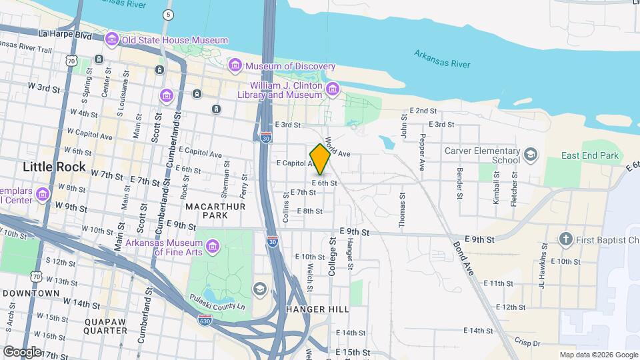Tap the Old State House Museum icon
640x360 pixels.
coord(113,40)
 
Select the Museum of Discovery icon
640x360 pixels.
coord(235,66)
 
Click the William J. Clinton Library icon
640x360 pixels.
coord(332,89)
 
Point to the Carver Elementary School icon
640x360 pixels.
coord(530,155)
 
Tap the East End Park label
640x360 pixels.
coord(589,156)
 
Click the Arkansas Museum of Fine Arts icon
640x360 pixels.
coord(213,247)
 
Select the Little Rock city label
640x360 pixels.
coord(54,167)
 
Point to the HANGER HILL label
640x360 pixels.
coord(317,309)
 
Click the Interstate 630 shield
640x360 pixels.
coord(205,321)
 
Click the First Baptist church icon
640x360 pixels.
coord(566,239)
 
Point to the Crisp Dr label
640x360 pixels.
coord(527,343)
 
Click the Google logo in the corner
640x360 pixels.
coord(22,351)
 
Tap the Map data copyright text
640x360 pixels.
coord(598,355)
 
